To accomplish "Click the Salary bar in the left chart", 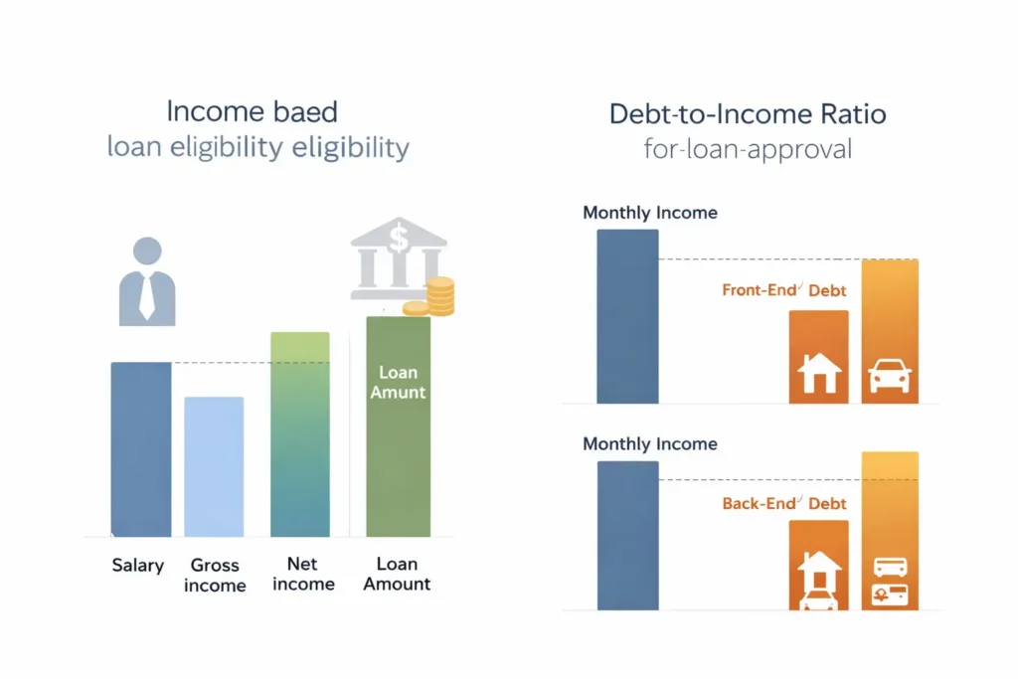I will (140, 449).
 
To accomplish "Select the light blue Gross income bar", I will (214, 466).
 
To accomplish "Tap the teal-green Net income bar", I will (299, 434).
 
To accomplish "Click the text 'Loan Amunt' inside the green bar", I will (398, 383).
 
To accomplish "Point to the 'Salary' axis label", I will (137, 565).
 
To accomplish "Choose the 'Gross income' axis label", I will (215, 575).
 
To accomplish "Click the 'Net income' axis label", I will (302, 574).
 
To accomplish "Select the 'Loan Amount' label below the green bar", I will (397, 574).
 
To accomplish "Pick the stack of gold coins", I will (438, 296).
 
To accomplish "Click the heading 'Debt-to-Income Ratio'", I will (748, 113).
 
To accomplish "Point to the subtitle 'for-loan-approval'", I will (748, 152).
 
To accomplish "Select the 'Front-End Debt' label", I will (784, 291).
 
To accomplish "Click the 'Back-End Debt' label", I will (784, 503).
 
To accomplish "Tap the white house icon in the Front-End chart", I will (819, 373).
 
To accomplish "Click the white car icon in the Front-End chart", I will (890, 377).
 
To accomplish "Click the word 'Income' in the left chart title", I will (208, 110).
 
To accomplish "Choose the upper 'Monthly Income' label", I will (650, 213).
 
